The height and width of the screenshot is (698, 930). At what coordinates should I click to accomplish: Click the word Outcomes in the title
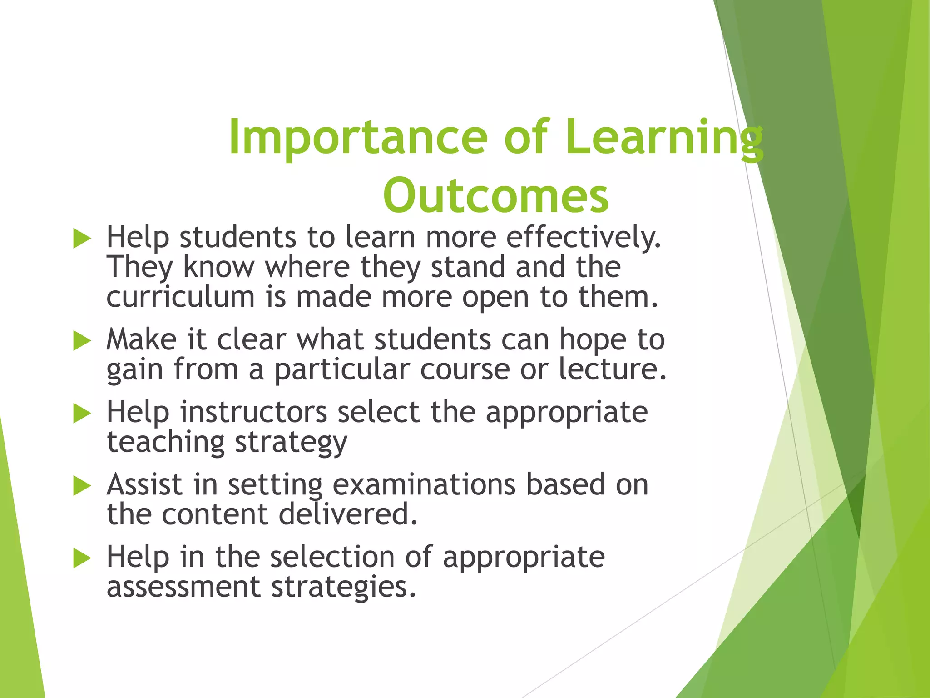495,196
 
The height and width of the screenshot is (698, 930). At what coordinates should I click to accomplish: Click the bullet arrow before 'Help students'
82,239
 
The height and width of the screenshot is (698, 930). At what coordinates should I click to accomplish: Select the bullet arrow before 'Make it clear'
82,341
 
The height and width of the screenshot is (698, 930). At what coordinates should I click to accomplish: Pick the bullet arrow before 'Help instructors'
82,414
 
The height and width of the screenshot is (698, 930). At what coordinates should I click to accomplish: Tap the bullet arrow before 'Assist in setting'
82,486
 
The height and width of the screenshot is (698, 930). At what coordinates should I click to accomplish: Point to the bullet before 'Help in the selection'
82,558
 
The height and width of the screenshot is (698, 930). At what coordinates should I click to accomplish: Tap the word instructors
253,412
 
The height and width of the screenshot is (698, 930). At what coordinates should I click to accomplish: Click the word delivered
347,514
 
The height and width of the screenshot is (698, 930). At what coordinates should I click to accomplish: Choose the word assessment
183,587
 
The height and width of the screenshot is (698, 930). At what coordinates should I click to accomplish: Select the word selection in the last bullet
332,557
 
